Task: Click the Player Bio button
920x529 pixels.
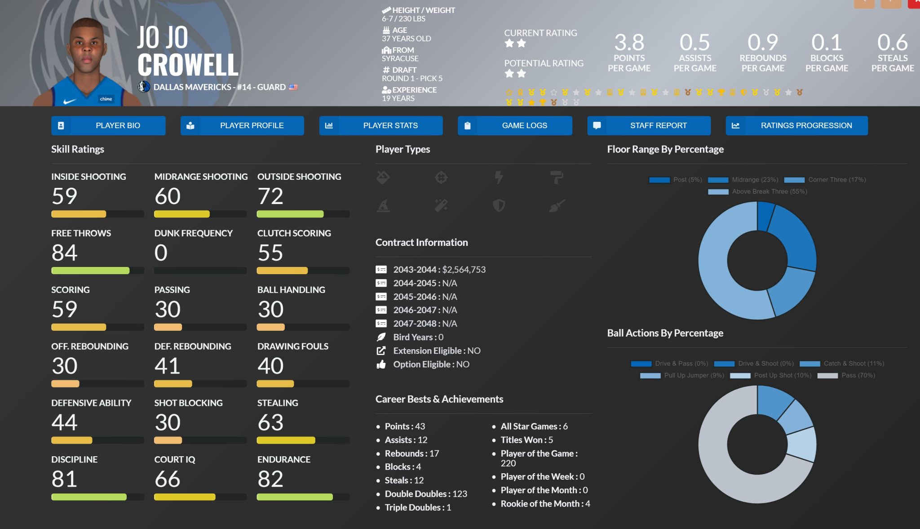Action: tap(108, 125)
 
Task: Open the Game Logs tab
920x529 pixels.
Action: tap(515, 125)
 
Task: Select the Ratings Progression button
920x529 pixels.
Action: tap(796, 125)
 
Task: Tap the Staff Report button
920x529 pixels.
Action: tap(649, 125)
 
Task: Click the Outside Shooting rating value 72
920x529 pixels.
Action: tap(270, 196)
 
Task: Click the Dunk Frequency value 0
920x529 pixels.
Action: tap(161, 253)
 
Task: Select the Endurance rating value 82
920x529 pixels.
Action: tap(270, 479)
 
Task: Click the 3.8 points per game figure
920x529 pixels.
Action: tap(629, 43)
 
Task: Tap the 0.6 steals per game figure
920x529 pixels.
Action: tap(892, 43)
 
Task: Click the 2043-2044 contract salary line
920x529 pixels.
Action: tap(439, 270)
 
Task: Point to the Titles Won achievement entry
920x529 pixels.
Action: tap(526, 440)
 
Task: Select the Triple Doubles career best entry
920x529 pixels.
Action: tap(417, 507)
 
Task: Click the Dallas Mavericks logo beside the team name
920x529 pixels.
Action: tap(144, 87)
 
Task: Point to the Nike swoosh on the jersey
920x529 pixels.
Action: tap(69, 102)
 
